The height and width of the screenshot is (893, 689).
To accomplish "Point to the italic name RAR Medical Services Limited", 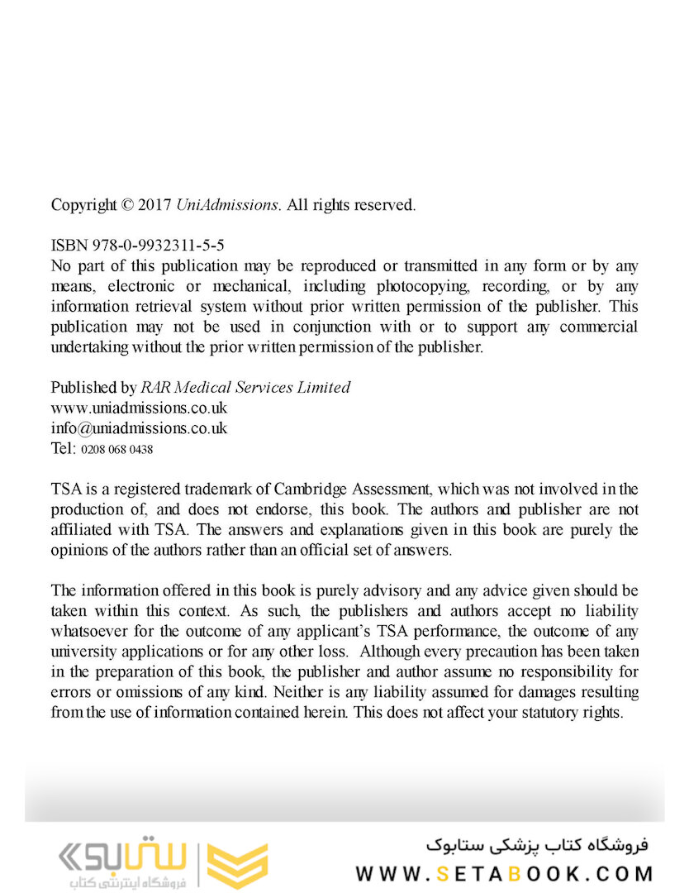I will click(245, 387).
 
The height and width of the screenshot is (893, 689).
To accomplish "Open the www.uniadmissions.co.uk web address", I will click(139, 408).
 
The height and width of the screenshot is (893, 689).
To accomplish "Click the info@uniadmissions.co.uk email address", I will click(139, 428).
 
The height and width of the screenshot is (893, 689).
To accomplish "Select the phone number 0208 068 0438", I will click(116, 450).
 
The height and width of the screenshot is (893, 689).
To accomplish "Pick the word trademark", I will click(219, 489).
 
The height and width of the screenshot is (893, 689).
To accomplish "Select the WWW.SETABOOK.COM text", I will click(505, 873).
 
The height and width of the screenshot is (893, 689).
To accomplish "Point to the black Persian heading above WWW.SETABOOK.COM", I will click(538, 846).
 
